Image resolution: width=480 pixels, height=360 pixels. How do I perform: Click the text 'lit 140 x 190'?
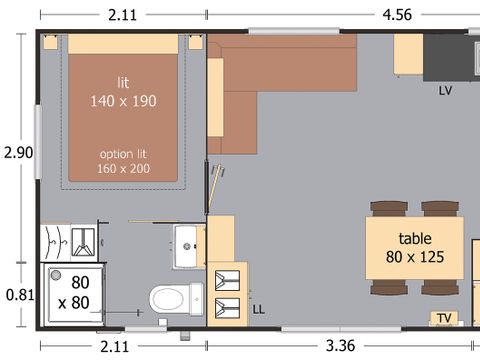(122, 92)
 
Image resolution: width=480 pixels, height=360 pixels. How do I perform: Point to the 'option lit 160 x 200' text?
(122, 162)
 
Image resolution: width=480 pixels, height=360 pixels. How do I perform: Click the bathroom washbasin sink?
(186, 246)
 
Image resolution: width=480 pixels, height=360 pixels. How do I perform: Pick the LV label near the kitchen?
(446, 90)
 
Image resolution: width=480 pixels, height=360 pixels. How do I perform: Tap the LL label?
(258, 310)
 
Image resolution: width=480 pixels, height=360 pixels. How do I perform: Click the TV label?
(445, 318)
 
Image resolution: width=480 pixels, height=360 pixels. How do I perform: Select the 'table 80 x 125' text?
(414, 247)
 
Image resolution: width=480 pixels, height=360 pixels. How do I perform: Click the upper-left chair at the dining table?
(388, 207)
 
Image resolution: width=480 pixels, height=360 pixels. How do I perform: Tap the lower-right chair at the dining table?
(440, 287)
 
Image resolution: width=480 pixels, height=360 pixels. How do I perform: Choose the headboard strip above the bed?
(122, 44)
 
